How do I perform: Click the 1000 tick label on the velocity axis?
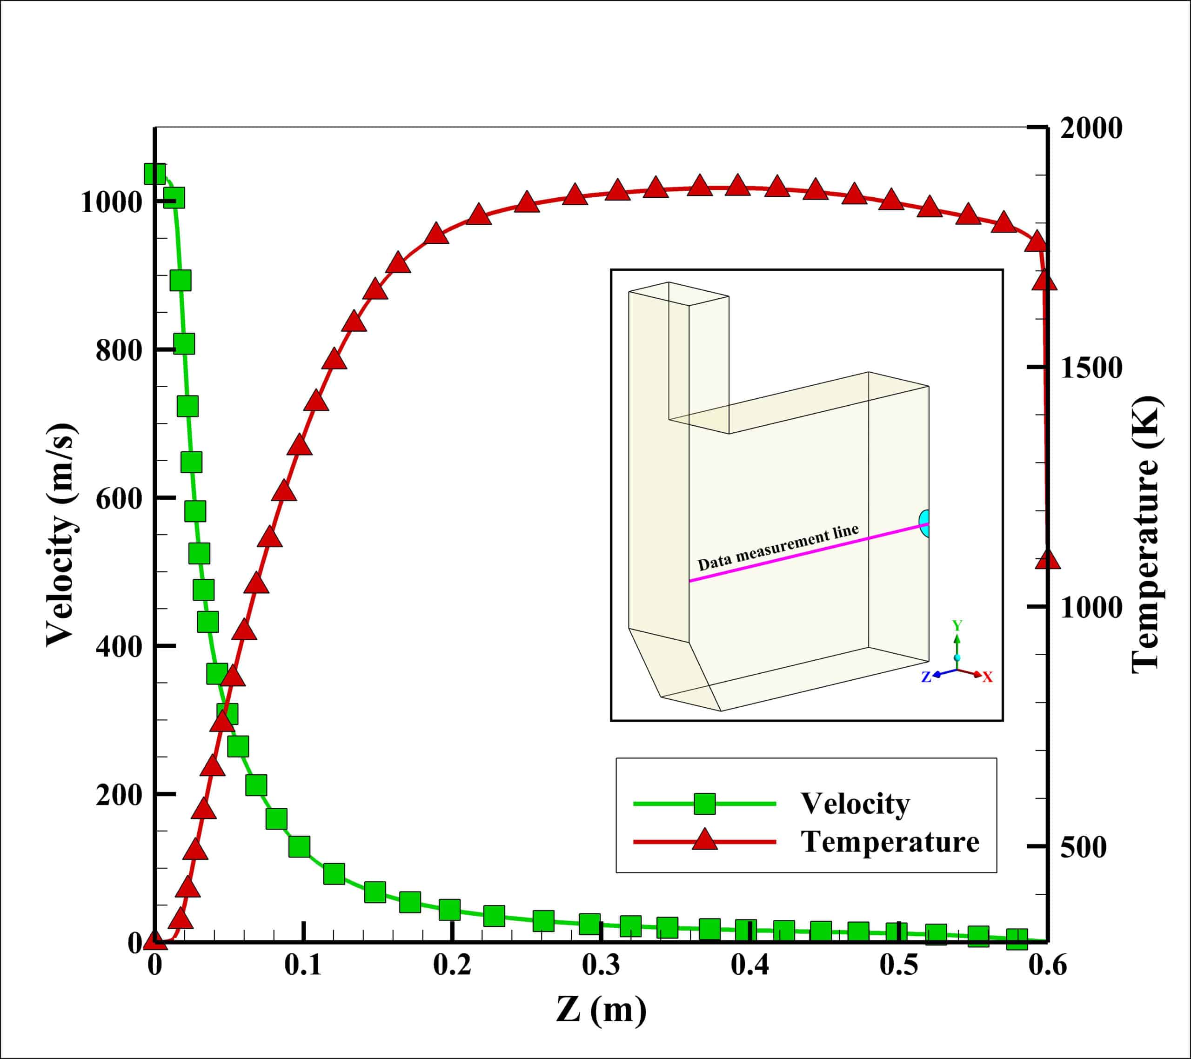coord(111,203)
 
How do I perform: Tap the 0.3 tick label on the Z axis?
coord(600,965)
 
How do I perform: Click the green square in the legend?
coord(704,804)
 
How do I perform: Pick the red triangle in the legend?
coord(704,840)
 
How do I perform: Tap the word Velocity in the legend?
coord(855,804)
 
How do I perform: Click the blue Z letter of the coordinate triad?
coord(925,677)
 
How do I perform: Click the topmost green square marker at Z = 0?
coord(155,173)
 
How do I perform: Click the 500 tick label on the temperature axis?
coord(1083,847)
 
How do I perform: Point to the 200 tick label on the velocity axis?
coord(119,795)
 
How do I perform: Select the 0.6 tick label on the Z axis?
coord(1047,965)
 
